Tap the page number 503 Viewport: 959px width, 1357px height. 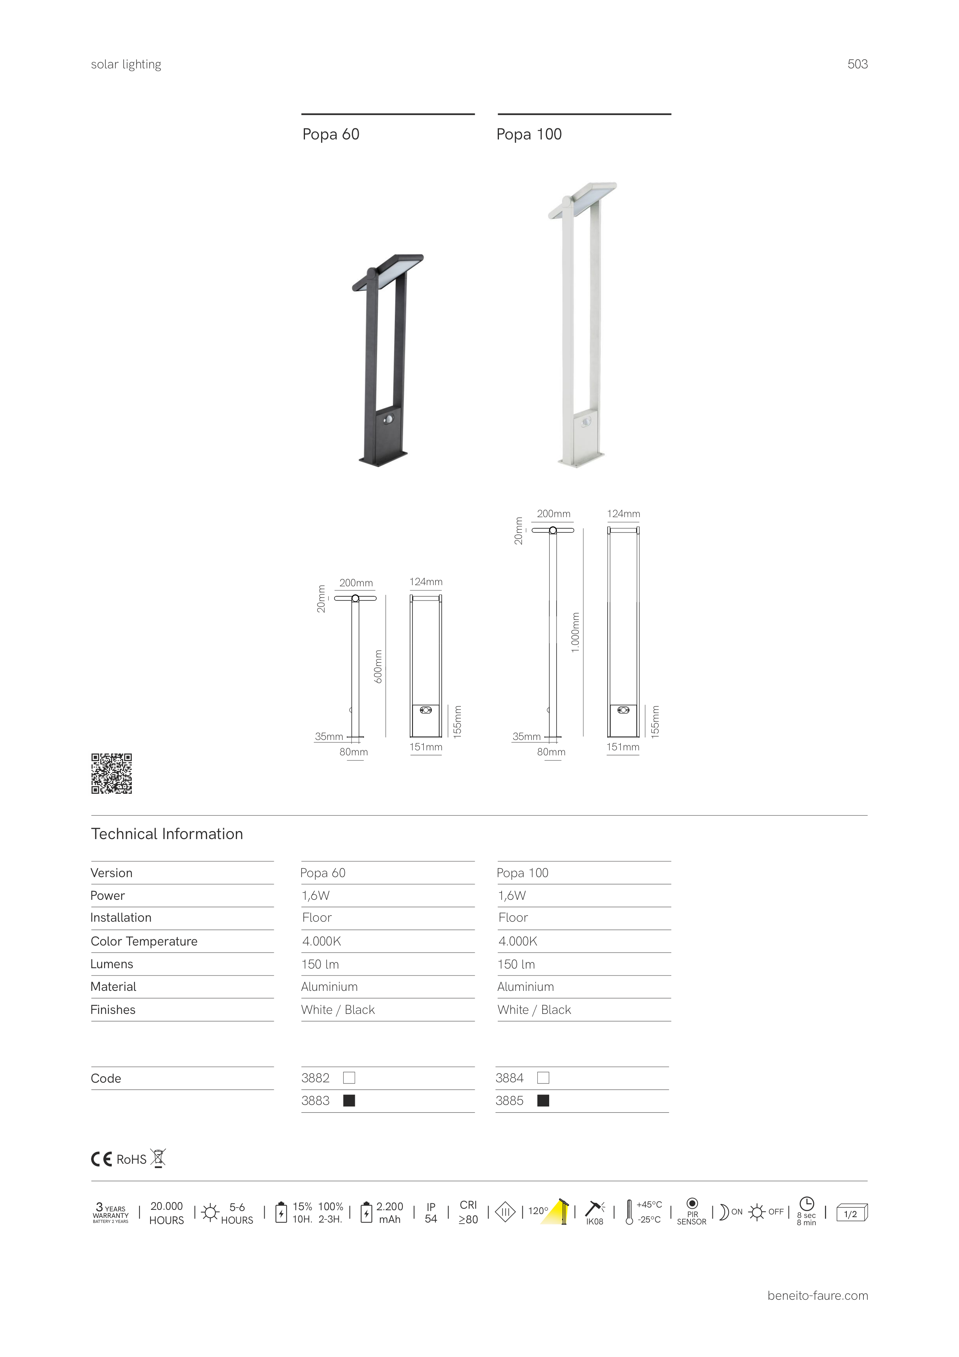pyautogui.click(x=857, y=65)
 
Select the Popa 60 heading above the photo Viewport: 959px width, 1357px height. pyautogui.click(x=331, y=134)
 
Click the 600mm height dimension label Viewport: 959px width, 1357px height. pyautogui.click(x=379, y=666)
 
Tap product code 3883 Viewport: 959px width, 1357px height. pyautogui.click(x=316, y=1100)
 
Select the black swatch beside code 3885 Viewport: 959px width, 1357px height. pyautogui.click(x=543, y=1100)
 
